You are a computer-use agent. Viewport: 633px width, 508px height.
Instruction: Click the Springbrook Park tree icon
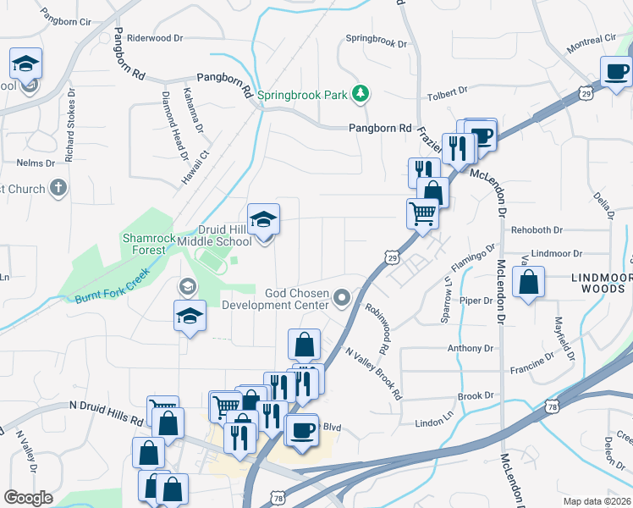click(361, 94)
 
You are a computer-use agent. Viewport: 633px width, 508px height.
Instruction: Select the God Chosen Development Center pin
click(342, 297)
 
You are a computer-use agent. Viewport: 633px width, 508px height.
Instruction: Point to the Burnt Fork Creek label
click(112, 287)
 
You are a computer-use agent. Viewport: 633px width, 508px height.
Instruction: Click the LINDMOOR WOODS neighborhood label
click(601, 283)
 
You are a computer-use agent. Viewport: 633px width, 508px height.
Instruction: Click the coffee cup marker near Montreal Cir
click(616, 72)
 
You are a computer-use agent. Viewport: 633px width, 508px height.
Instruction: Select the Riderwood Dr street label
click(154, 38)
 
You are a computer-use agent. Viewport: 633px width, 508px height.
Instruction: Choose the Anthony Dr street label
click(470, 348)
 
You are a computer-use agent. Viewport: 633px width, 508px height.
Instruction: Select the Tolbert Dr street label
click(448, 91)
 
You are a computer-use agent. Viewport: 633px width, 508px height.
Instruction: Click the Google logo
click(28, 497)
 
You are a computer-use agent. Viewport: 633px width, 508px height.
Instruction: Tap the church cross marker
click(58, 187)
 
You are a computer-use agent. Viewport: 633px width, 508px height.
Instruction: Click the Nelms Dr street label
click(36, 163)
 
